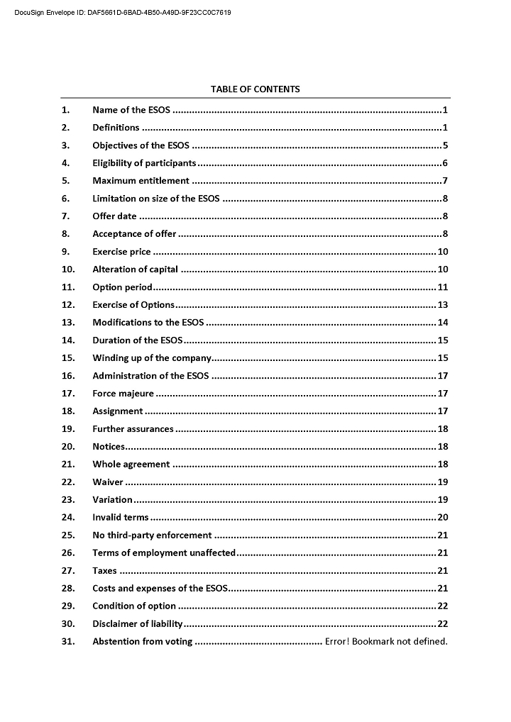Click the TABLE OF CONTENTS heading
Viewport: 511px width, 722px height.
tap(255, 89)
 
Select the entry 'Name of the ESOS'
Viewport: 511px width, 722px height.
tap(131, 110)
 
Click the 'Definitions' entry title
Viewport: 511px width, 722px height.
tap(116, 128)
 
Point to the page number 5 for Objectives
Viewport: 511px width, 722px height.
tap(444, 145)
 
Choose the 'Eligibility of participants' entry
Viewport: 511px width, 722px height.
tap(144, 163)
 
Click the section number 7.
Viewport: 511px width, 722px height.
tap(65, 216)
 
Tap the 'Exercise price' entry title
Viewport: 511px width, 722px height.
tap(121, 252)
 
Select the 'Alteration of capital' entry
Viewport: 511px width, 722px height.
tap(135, 270)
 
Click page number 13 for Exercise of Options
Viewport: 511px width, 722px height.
tap(442, 305)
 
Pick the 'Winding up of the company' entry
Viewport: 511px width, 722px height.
tap(152, 358)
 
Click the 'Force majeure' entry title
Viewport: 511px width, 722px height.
tap(123, 394)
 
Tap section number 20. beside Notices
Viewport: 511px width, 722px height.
tap(68, 447)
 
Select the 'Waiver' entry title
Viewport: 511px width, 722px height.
tap(108, 482)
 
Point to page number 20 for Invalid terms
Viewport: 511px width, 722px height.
tap(442, 518)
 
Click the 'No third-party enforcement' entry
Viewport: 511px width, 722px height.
tap(152, 535)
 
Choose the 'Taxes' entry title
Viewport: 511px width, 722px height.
tap(104, 570)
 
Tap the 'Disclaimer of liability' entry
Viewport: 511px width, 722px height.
tap(138, 623)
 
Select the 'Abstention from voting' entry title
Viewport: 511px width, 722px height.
tap(142, 642)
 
